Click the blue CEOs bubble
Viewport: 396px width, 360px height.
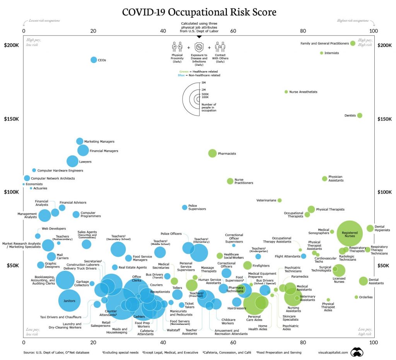[94, 60]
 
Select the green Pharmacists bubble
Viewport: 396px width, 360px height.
[212, 153]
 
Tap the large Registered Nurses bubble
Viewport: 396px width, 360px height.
[350, 233]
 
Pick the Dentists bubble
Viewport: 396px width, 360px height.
[360, 115]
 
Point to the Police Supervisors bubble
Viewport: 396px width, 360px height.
[184, 207]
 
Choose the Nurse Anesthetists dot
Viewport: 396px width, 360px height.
[286, 92]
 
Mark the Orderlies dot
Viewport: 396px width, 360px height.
[356, 297]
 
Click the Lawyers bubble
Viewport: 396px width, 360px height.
[72, 161]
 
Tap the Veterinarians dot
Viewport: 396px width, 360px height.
[280, 200]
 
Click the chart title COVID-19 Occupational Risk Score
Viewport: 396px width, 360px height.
[199, 12]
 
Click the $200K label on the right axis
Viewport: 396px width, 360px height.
[385, 45]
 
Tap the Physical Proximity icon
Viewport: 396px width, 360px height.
[177, 48]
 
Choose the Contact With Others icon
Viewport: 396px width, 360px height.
[220, 48]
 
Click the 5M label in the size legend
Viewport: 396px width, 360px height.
[204, 83]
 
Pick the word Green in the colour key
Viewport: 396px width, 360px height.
[184, 71]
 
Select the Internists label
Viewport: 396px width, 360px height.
[332, 53]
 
